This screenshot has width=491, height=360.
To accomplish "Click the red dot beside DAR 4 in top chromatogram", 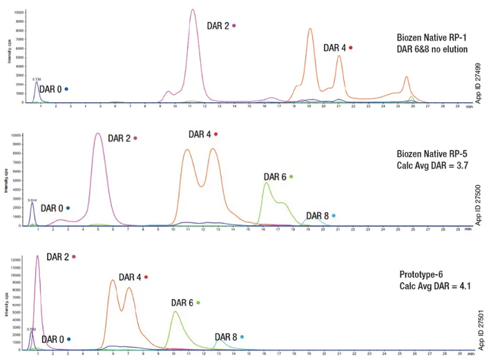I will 351,48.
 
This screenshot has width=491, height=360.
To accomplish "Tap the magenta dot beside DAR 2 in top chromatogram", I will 234,26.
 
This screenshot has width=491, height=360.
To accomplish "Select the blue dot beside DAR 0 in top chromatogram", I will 66,89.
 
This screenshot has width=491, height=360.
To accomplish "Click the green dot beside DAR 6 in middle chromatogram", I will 291,177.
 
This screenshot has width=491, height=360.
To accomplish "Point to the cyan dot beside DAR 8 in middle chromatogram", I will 334,216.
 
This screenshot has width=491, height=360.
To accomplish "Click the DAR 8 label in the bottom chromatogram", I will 226,337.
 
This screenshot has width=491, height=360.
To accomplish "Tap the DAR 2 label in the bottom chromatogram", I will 58,257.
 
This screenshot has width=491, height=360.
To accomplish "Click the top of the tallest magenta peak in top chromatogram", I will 193,10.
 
